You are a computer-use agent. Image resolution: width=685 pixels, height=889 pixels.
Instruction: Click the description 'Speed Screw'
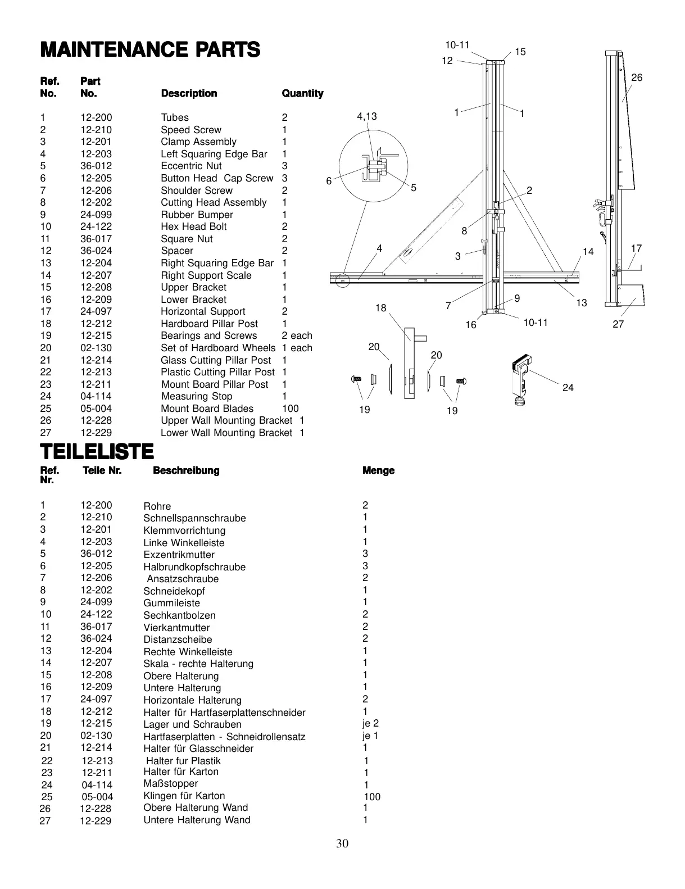(x=191, y=130)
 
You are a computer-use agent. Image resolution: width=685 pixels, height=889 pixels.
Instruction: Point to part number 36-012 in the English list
(x=96, y=166)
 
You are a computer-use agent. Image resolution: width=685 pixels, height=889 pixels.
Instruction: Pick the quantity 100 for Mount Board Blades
(x=291, y=409)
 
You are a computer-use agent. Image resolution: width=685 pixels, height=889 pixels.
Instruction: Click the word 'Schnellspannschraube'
(x=194, y=518)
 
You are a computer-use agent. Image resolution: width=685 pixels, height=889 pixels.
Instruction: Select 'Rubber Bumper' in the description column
(x=197, y=215)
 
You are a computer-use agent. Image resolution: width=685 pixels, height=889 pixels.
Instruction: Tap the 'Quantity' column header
(x=302, y=93)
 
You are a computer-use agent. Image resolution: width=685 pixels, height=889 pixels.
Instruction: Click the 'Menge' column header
(x=379, y=470)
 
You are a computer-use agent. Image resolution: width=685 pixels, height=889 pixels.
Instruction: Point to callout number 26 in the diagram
(x=636, y=78)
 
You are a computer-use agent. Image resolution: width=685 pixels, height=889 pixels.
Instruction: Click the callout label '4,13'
(x=367, y=116)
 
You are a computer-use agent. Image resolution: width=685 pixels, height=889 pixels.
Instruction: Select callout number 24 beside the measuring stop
(x=568, y=387)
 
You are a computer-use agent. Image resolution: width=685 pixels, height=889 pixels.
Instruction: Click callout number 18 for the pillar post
(x=381, y=307)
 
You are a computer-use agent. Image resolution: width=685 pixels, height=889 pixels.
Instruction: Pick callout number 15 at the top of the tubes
(x=520, y=52)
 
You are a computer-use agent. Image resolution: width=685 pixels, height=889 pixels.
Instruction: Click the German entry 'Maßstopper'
(x=171, y=783)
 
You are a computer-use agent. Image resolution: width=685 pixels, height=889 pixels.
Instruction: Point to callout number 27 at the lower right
(x=618, y=324)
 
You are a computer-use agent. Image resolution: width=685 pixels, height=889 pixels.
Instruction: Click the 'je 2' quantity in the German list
(x=371, y=723)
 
